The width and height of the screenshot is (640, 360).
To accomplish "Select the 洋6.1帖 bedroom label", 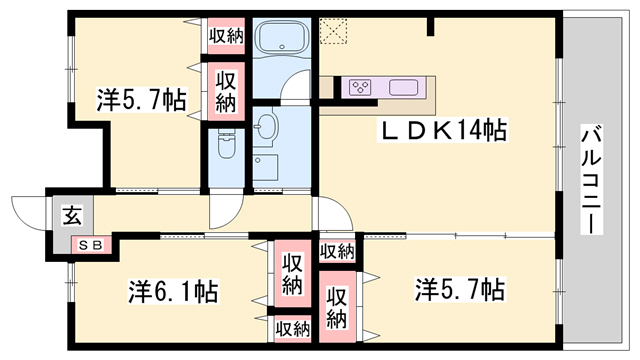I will tap(173, 292).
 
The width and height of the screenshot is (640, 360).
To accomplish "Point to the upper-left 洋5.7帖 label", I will tap(142, 100).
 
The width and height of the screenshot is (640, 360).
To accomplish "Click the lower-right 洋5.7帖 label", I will tap(460, 290).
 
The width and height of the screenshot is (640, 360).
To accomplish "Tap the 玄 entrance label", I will tap(74, 213).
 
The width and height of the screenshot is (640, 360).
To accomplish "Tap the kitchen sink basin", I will tap(404, 87).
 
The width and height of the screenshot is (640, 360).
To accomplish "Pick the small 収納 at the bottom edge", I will tap(292, 327).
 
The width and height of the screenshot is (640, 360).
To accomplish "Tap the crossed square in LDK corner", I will tap(332, 31).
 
